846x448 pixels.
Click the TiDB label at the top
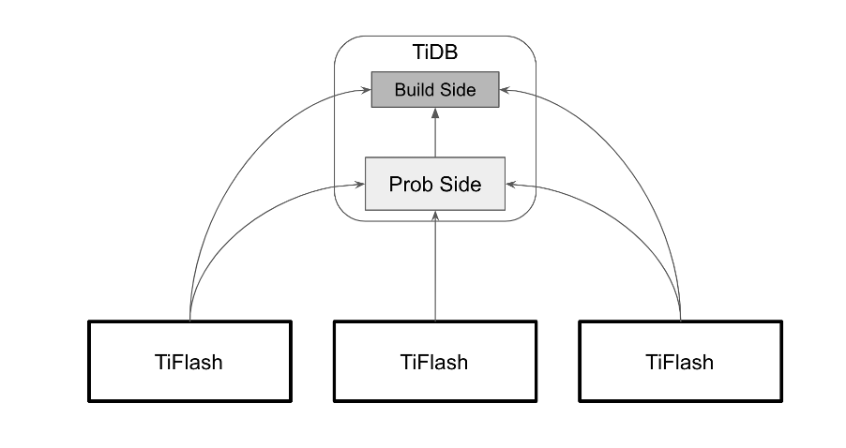[x=435, y=52]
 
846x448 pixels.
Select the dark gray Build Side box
[x=435, y=90]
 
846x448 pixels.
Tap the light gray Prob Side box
[x=435, y=184]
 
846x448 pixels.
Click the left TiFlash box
[x=189, y=361]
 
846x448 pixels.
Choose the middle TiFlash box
[x=435, y=361]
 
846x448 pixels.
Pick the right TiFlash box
[x=680, y=361]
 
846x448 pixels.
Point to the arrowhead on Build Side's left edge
[x=367, y=90]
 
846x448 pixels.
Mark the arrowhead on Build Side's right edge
[x=505, y=90]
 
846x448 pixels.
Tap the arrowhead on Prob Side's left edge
[x=360, y=185]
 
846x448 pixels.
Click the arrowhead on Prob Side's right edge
[x=511, y=185]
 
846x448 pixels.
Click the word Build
[x=415, y=90]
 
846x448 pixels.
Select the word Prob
[x=410, y=184]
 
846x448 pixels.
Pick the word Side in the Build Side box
[x=457, y=90]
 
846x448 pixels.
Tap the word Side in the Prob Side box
[x=460, y=184]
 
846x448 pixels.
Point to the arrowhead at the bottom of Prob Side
[x=435, y=216]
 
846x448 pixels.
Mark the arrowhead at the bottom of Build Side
[x=435, y=112]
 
